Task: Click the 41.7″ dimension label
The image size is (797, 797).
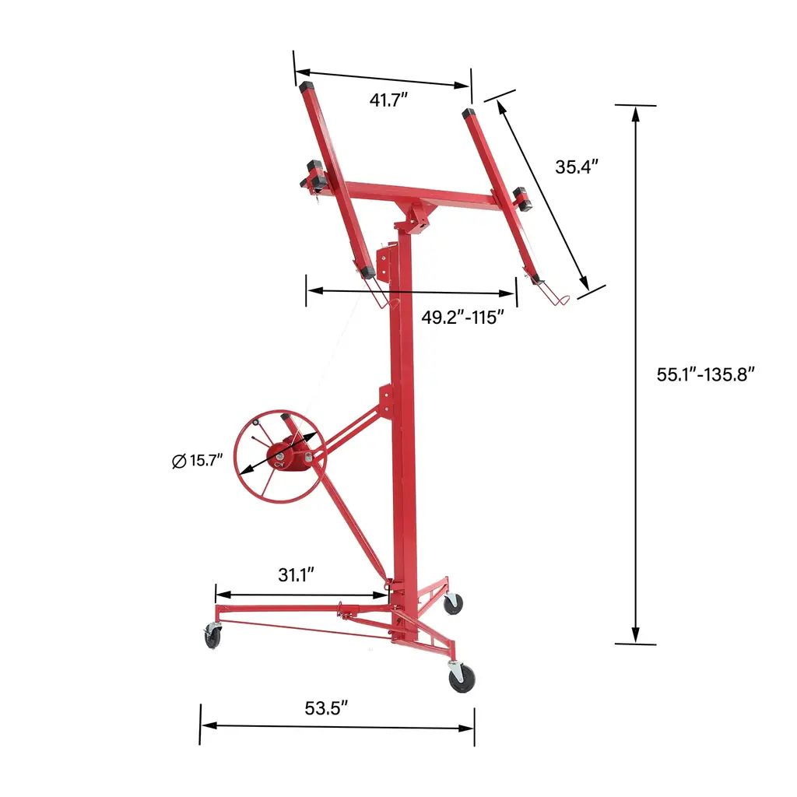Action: click(389, 100)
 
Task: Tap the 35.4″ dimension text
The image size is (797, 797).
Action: click(577, 167)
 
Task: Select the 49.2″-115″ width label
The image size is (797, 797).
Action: click(462, 318)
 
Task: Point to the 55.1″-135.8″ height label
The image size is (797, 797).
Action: click(705, 374)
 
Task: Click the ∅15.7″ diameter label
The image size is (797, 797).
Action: click(198, 461)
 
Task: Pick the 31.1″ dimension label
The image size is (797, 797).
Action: click(297, 575)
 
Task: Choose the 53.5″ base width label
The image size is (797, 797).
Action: click(326, 708)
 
